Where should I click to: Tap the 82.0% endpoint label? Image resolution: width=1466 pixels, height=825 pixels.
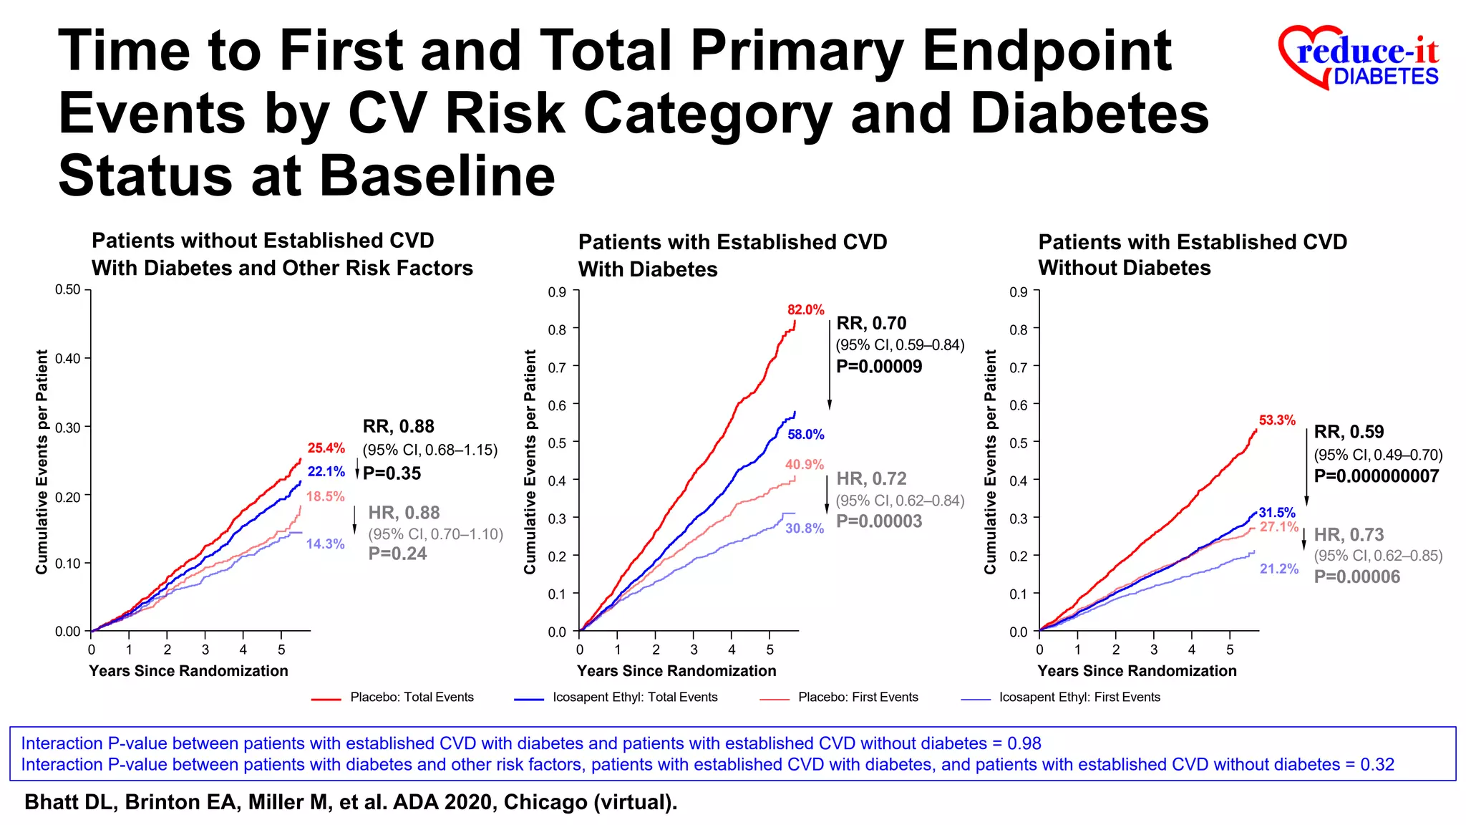[805, 310]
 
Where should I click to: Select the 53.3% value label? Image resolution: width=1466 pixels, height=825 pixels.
[1277, 420]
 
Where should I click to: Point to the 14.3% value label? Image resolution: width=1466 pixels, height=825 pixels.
[325, 544]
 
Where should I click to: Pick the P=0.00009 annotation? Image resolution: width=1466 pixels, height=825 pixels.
[879, 367]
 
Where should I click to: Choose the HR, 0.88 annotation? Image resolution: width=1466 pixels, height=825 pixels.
[404, 513]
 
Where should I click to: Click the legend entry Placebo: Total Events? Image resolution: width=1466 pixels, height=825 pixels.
[412, 698]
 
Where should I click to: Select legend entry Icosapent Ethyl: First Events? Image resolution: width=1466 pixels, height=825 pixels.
[1079, 698]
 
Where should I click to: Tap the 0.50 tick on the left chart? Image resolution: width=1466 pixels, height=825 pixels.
[68, 290]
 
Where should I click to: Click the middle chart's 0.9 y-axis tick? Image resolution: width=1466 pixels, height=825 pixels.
[557, 292]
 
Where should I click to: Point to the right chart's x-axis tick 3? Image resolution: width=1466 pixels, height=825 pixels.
[1153, 650]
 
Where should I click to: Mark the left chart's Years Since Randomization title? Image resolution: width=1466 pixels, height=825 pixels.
[188, 671]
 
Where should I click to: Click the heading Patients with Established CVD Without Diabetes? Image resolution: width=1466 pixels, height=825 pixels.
[1192, 255]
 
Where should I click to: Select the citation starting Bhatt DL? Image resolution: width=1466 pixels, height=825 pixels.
[351, 802]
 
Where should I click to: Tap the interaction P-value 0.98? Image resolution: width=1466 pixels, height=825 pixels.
[1024, 743]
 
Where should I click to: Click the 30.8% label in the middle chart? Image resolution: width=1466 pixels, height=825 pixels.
[805, 529]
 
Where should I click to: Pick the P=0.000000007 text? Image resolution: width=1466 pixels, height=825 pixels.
[1376, 476]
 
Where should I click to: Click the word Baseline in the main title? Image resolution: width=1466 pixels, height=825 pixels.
[437, 176]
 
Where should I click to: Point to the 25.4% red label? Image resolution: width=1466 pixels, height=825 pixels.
[326, 448]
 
